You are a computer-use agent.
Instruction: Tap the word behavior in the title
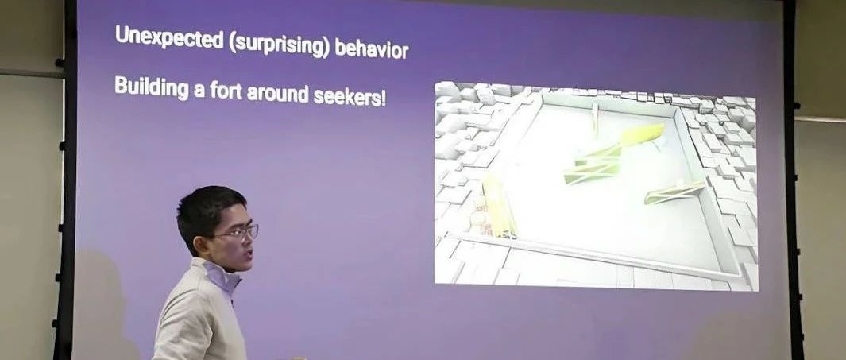pos(371,48)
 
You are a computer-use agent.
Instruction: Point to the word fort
pos(226,91)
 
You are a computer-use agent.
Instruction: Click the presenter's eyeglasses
pos(236,233)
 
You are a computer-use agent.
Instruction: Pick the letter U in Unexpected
pos(122,34)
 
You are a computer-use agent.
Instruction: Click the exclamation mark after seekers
pos(384,99)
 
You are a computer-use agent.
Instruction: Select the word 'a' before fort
pos(199,91)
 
